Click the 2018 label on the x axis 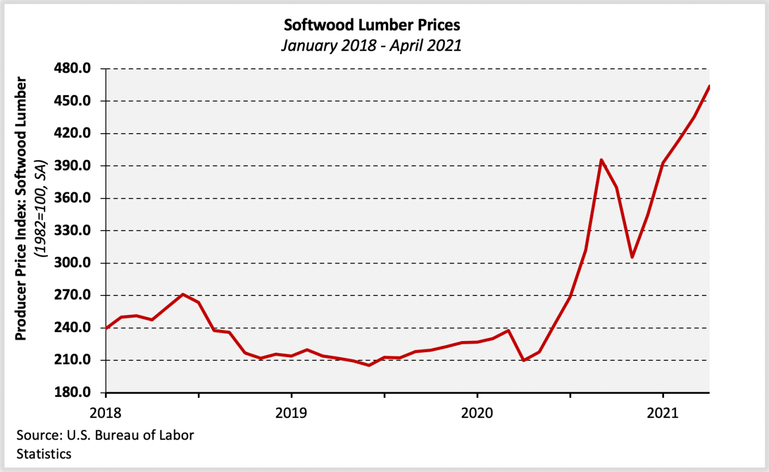click(x=106, y=411)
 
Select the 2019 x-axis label click(x=291, y=411)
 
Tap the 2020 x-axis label click(x=477, y=411)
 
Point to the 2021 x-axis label click(x=663, y=411)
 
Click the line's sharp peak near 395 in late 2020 click(x=601, y=160)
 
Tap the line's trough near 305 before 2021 click(x=632, y=257)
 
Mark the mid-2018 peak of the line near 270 click(x=183, y=294)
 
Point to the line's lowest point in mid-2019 click(x=369, y=365)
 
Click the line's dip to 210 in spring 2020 click(x=523, y=360)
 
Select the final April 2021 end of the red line click(x=709, y=86)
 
